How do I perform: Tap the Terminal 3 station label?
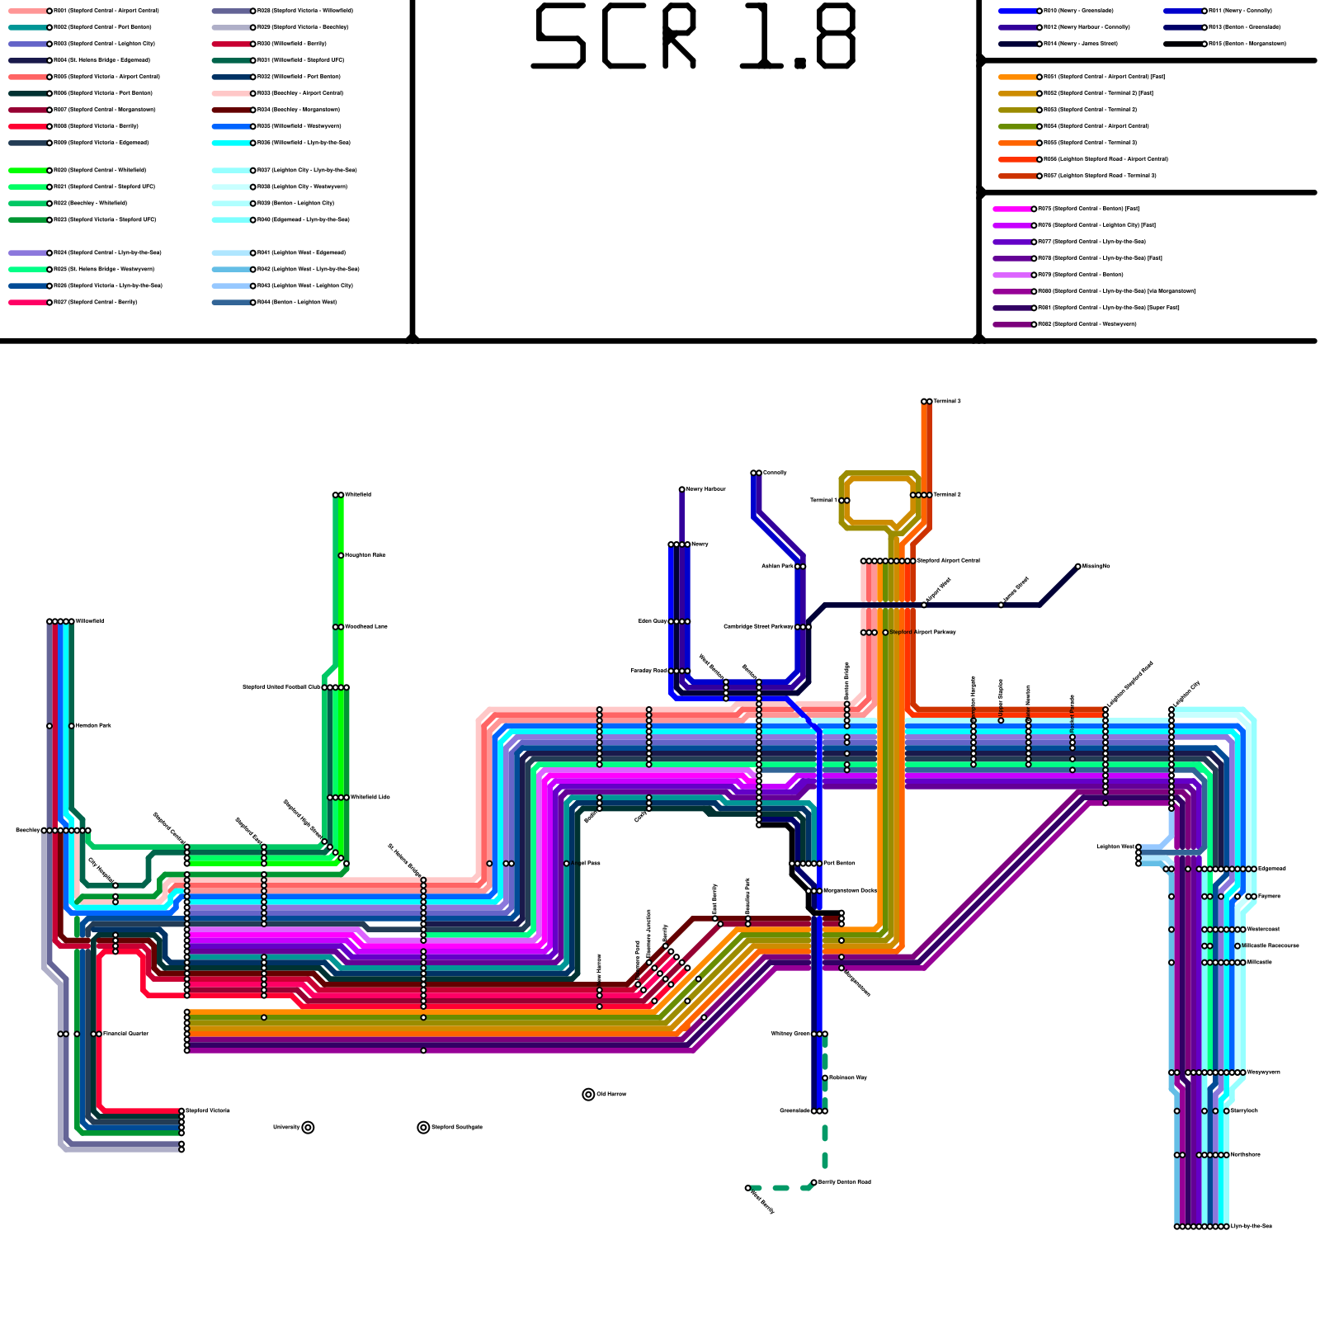click(947, 402)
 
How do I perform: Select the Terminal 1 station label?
click(823, 500)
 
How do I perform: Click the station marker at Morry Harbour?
click(681, 490)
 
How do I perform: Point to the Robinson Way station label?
click(848, 1077)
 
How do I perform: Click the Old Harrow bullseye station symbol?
click(588, 1095)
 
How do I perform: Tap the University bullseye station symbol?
click(308, 1128)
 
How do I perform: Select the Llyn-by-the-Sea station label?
click(1252, 1227)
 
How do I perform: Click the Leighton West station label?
click(1115, 846)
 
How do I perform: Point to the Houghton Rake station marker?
click(341, 555)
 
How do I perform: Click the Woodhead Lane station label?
click(366, 627)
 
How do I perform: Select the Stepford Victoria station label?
click(208, 1110)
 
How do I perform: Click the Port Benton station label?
click(840, 863)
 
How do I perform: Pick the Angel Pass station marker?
click(567, 864)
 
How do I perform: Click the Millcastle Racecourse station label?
click(1271, 945)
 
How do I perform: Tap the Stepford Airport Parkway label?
click(923, 632)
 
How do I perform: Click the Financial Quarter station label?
click(125, 1034)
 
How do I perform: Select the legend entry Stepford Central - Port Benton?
click(102, 27)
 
